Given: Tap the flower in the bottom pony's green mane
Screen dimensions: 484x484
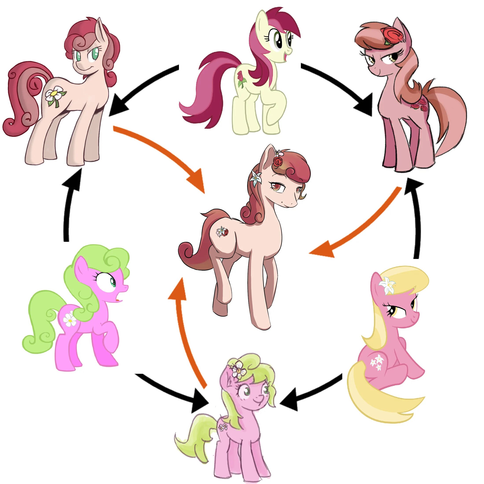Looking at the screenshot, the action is pos(238,370).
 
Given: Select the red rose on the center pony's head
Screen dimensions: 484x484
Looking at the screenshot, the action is pos(278,161).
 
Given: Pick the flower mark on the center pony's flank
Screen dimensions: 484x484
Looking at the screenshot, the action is pos(222,232).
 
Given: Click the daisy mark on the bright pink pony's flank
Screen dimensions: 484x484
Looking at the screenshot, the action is pos(70,320).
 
